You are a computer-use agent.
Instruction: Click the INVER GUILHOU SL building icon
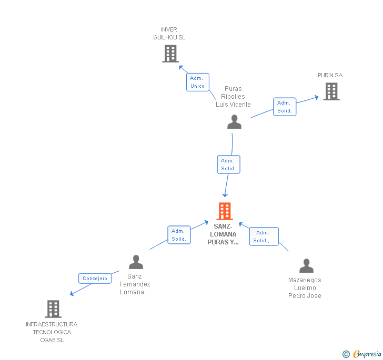coord(170,54)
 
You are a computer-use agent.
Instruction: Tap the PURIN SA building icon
coord(331,91)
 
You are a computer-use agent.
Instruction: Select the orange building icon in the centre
coord(225,211)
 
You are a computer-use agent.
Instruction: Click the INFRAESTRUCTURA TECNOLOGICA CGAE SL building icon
coord(53,309)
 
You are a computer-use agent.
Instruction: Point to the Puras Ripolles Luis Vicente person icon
coord(234,122)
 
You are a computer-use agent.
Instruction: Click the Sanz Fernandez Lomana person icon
coord(136,262)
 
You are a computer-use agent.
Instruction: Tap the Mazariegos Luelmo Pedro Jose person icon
coord(306,265)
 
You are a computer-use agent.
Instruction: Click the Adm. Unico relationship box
coord(197,82)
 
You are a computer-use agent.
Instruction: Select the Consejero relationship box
coord(95,278)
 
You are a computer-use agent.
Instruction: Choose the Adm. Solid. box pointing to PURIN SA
coord(285,107)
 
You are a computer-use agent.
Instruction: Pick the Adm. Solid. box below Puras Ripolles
coord(228,164)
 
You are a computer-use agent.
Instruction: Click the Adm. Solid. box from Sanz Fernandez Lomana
coord(179,235)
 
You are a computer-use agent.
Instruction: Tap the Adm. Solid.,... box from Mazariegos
coord(264,236)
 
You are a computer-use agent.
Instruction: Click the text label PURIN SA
coord(330,75)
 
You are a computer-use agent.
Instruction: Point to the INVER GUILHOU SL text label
coord(169,34)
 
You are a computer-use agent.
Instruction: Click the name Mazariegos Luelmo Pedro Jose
coord(305,287)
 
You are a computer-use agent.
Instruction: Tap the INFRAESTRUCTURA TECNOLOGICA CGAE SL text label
coord(52,332)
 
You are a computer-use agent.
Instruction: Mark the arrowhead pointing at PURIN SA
coord(316,97)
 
